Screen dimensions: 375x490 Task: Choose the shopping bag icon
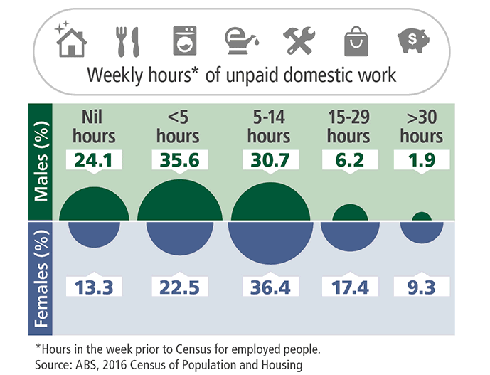pyautogui.click(x=356, y=41)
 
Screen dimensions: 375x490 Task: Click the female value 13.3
pyautogui.click(x=95, y=286)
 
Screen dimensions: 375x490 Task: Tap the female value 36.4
pyautogui.click(x=270, y=286)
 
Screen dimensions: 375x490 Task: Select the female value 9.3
pyautogui.click(x=421, y=286)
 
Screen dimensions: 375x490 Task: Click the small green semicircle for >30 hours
pyautogui.click(x=421, y=217)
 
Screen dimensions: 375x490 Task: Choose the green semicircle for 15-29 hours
pyautogui.click(x=350, y=213)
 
